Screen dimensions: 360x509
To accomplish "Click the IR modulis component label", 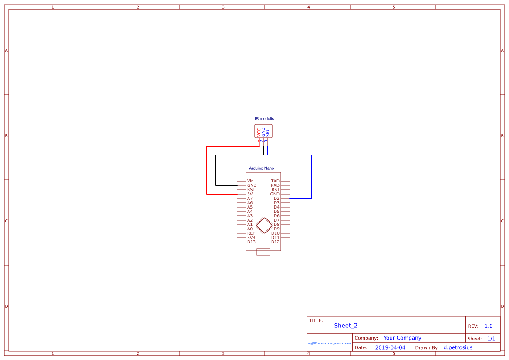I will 264,119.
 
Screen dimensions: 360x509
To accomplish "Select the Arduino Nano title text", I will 261,168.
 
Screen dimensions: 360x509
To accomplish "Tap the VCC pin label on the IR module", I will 259,132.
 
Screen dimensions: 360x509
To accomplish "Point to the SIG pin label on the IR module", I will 268,132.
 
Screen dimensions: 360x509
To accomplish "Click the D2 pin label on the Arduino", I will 276,199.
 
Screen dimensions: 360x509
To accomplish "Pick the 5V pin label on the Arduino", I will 250,194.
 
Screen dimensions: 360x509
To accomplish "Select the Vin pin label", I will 250,181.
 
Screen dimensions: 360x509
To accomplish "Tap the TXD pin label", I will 275,181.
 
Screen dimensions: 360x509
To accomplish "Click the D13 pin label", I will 251,242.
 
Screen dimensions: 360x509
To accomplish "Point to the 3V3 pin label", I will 251,238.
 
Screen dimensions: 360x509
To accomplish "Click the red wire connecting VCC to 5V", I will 207,170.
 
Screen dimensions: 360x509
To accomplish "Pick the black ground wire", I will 216,170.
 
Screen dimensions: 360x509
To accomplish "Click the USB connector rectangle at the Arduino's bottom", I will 263,252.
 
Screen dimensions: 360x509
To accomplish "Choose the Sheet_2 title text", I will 346,326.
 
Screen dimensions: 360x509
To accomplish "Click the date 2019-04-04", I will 390,347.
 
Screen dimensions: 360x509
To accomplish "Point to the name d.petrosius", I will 458,347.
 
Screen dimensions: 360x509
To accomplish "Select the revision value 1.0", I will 489,326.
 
